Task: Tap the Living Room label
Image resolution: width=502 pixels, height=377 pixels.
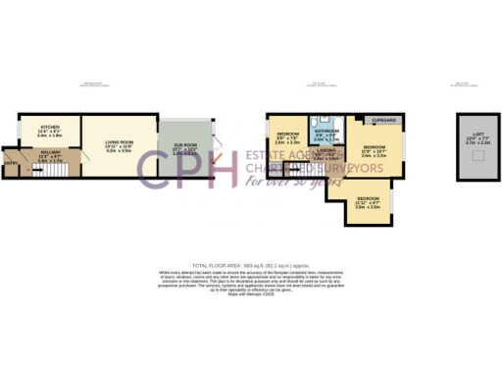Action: click(x=119, y=143)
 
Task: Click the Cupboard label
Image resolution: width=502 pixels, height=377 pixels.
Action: click(x=383, y=120)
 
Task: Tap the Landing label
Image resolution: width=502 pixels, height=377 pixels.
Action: click(x=325, y=150)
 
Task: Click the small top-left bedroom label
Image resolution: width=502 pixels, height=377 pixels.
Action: click(x=287, y=135)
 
